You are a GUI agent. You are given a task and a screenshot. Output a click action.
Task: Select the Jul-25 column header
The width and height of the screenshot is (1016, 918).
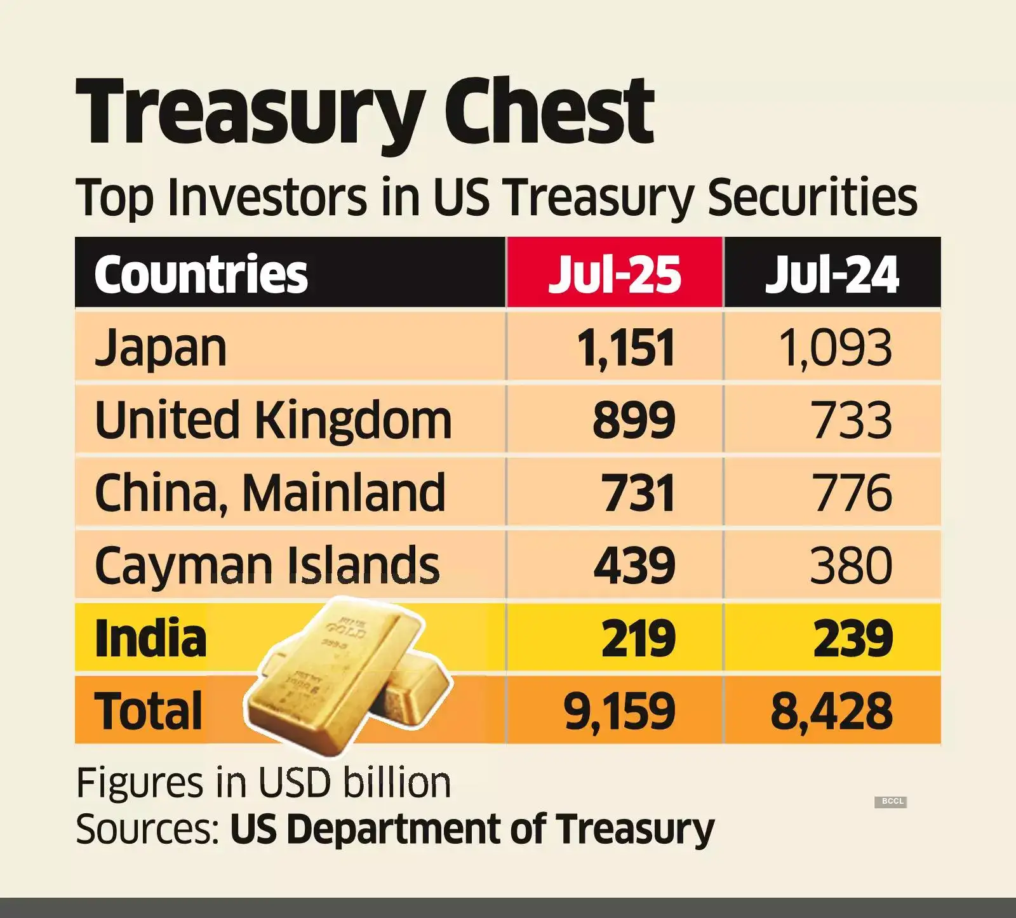pyautogui.click(x=615, y=274)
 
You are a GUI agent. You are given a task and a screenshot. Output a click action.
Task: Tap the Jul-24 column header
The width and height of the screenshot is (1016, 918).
pyautogui.click(x=832, y=274)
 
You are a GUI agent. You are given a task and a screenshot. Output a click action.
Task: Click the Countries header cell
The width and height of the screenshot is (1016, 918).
pyautogui.click(x=201, y=274)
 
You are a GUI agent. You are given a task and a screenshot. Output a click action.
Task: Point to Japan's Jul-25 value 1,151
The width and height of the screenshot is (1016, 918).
pyautogui.click(x=625, y=349)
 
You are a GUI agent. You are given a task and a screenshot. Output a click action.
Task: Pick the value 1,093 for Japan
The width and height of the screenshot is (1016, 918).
pyautogui.click(x=835, y=349)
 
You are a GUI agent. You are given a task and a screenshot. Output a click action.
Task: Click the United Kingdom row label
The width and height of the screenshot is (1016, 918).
pyautogui.click(x=273, y=420)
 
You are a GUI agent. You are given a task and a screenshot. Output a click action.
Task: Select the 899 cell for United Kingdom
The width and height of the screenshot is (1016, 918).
pyautogui.click(x=634, y=420)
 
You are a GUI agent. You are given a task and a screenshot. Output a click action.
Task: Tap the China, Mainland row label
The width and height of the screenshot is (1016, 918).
pyautogui.click(x=270, y=493)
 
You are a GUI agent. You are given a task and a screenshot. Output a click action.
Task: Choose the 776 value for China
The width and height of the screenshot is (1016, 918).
pyautogui.click(x=852, y=493)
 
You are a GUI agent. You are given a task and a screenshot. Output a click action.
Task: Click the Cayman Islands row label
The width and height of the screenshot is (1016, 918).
pyautogui.click(x=267, y=565)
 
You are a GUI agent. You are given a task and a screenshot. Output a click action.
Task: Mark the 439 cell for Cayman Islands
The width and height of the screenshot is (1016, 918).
pyautogui.click(x=634, y=565)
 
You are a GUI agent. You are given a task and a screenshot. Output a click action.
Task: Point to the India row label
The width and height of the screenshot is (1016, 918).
pyautogui.click(x=150, y=638)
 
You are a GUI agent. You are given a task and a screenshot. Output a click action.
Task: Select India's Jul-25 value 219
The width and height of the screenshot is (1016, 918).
pyautogui.click(x=638, y=638)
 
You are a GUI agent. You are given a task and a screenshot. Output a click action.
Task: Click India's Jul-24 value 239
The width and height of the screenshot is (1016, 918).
pyautogui.click(x=853, y=638)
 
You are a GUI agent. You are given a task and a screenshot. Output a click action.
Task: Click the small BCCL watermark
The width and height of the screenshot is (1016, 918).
pyautogui.click(x=892, y=801)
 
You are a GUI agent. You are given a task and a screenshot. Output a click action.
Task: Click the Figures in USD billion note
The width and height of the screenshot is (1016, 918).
pyautogui.click(x=264, y=783)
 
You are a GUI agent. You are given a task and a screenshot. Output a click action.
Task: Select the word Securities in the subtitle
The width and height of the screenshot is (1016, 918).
pyautogui.click(x=812, y=197)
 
